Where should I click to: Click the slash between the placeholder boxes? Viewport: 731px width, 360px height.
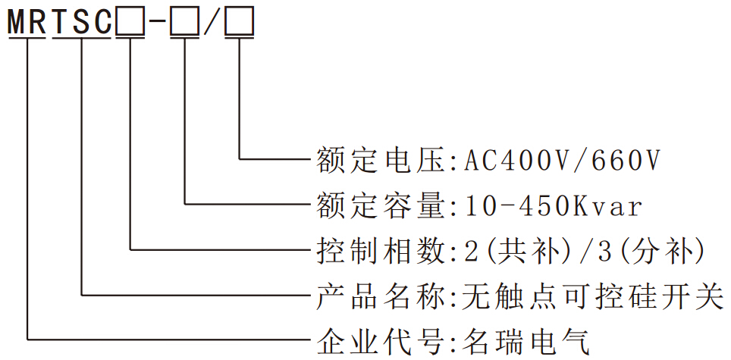tap(213, 23)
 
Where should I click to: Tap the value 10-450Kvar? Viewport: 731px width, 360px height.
tap(552, 205)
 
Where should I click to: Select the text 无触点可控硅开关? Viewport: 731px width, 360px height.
tap(592, 295)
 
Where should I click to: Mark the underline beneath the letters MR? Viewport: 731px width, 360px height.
tap(27, 36)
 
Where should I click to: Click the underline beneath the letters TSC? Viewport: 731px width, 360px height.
tap(82, 36)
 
